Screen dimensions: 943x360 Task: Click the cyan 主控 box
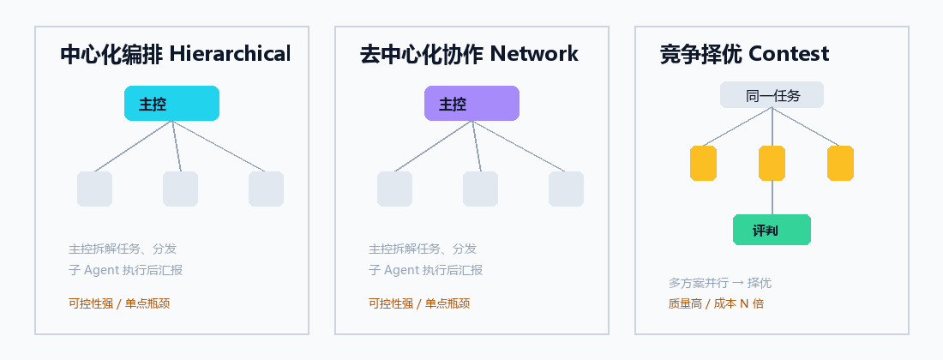coord(171,104)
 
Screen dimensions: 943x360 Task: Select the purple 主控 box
coord(471,104)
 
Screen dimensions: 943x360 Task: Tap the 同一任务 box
coord(772,95)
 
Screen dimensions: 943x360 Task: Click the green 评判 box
coord(772,230)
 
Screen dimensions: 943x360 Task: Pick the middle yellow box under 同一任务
coord(772,163)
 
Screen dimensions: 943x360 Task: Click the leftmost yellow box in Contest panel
coord(703,163)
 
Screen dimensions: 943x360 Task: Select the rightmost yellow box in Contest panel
coord(840,163)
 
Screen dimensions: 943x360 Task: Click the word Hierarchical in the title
coord(230,54)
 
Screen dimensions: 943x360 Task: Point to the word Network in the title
coord(534,54)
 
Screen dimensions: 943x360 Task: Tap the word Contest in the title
coord(789,54)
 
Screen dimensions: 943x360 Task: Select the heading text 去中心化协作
coord(422,54)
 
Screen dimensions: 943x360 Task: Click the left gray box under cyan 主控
coord(94,189)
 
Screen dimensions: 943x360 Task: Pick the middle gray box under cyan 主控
coord(180,189)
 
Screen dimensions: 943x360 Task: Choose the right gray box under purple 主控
coord(566,189)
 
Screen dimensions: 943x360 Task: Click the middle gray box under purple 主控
coord(481,189)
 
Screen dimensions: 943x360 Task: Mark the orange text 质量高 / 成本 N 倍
coord(716,303)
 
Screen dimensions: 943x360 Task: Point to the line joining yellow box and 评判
coord(772,197)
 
